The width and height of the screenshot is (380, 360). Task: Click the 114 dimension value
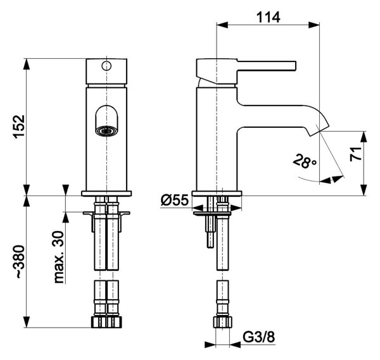point(269,18)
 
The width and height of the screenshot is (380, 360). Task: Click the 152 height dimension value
point(19,127)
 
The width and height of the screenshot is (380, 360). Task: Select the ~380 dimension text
point(19,262)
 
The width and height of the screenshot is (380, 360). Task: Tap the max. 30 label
point(59,257)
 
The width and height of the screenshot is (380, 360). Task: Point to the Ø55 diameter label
point(175,201)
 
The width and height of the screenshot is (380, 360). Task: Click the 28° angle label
point(305,161)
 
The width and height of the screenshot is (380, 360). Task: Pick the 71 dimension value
point(356,154)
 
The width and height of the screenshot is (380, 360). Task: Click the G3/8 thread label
point(259,337)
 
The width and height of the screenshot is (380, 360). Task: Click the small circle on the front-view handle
point(106,66)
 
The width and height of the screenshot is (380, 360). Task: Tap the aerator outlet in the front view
point(106,132)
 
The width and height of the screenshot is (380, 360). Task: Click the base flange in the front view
point(106,194)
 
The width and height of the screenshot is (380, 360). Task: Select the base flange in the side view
point(217,194)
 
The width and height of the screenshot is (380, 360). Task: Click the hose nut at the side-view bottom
point(222,322)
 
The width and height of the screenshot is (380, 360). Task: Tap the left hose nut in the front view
point(99,322)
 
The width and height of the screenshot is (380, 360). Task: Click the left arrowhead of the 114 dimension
point(222,25)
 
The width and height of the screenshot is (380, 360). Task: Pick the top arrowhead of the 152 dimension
point(27,64)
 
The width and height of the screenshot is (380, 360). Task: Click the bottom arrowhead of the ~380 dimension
point(27,322)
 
